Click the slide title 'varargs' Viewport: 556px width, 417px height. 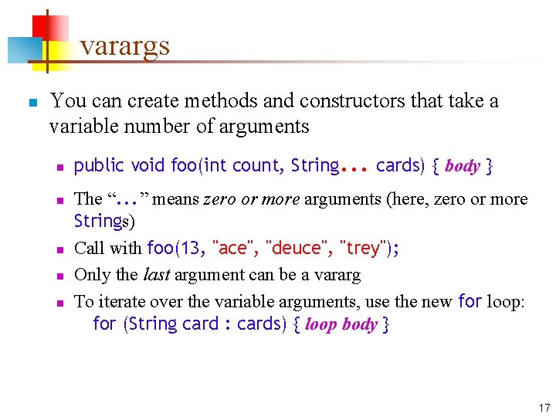(124, 46)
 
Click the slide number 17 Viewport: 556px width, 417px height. (544, 408)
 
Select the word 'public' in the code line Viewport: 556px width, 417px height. (99, 165)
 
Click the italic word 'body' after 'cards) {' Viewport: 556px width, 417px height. (463, 166)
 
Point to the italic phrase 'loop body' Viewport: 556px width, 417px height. (341, 324)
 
